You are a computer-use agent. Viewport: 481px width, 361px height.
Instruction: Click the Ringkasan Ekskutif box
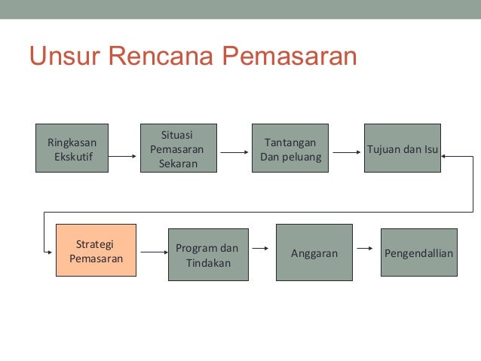tap(72, 148)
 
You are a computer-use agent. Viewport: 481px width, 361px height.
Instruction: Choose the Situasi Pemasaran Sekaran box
tap(178, 148)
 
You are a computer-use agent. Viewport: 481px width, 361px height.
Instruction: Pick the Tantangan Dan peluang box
tap(290, 148)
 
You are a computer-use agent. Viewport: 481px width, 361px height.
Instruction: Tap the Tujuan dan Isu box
tap(402, 148)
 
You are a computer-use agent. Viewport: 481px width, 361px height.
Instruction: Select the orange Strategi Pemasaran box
tap(96, 251)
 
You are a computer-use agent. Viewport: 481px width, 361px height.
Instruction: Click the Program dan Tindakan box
tap(207, 255)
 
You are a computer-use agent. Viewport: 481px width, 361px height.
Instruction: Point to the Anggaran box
tap(314, 252)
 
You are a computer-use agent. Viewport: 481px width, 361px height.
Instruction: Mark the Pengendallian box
tap(418, 252)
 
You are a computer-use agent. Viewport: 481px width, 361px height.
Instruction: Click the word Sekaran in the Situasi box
tap(178, 163)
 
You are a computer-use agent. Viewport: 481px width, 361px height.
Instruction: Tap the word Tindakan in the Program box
tap(207, 263)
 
